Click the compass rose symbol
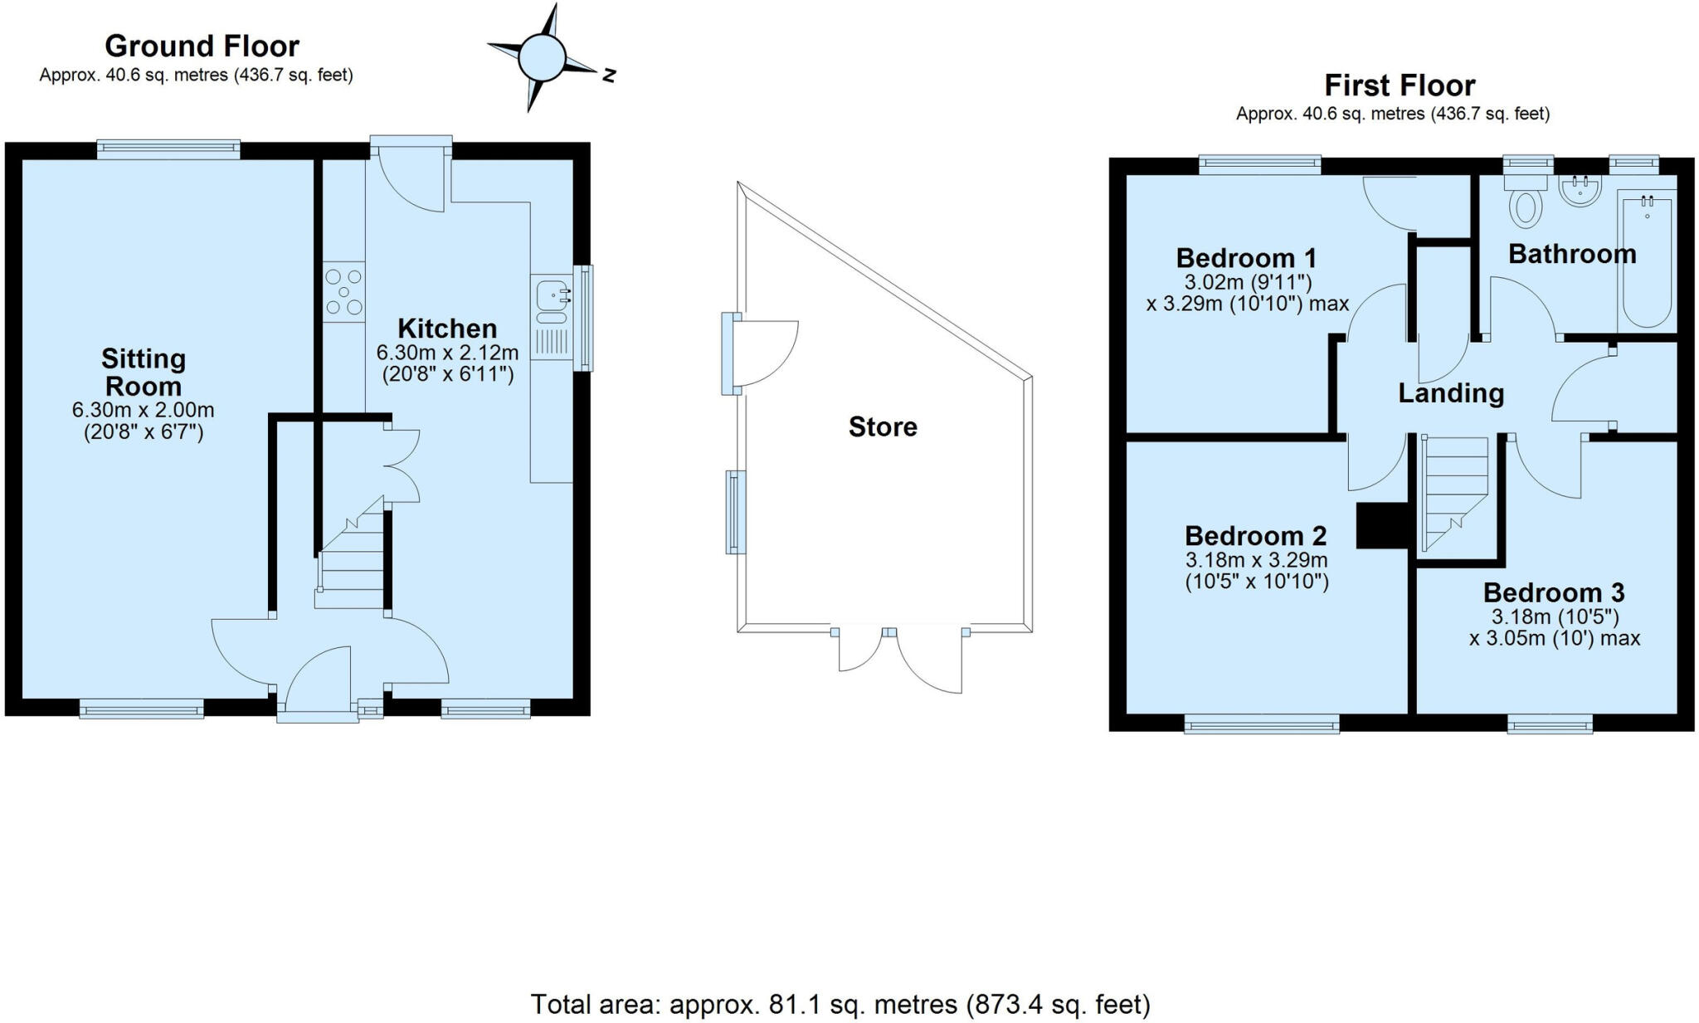click(x=543, y=58)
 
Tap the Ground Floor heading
click(x=202, y=46)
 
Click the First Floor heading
click(x=1399, y=85)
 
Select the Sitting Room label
click(x=144, y=373)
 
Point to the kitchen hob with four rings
click(x=344, y=292)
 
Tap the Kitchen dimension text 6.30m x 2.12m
click(x=447, y=352)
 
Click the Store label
click(x=882, y=426)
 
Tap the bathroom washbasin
click(x=1580, y=191)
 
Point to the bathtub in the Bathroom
click(x=1647, y=261)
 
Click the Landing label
click(x=1451, y=392)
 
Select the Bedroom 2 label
click(x=1255, y=535)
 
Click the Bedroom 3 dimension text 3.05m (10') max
click(x=1555, y=638)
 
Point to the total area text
click(x=840, y=1004)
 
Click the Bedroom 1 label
click(x=1246, y=258)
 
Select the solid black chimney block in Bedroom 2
click(x=1381, y=526)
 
